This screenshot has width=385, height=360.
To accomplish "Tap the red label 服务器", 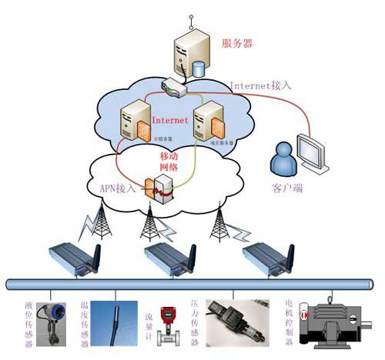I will click(237, 42).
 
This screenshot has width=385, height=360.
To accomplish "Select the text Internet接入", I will click(260, 85).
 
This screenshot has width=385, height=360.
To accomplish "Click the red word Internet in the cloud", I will click(170, 121).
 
